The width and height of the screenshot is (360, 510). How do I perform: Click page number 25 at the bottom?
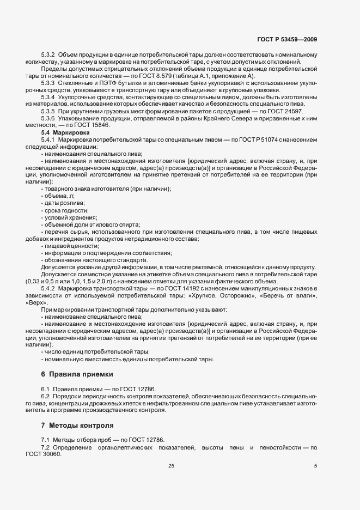[171, 465]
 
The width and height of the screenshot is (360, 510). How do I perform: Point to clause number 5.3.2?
[48, 54]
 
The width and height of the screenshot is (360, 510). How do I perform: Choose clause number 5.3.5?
[48, 111]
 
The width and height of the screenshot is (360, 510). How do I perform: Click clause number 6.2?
[45, 396]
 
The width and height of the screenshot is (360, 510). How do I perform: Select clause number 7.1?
[45, 440]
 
